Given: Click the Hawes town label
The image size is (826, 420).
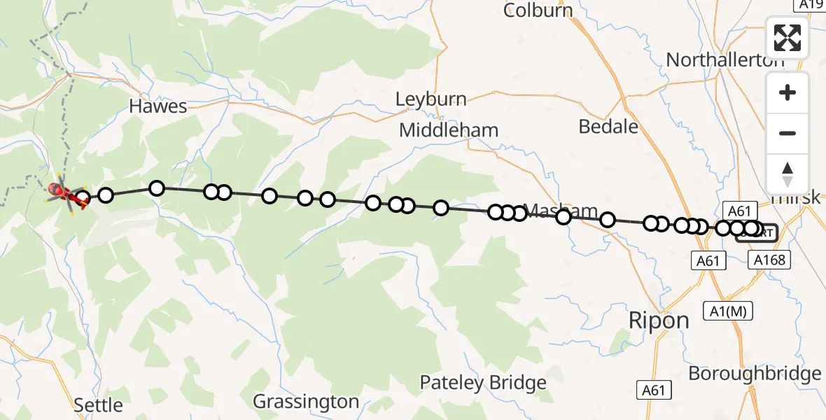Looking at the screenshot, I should [x=158, y=106].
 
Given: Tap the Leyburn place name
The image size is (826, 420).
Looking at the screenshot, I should [x=430, y=99].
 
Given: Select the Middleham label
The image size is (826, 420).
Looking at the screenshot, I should [x=449, y=130].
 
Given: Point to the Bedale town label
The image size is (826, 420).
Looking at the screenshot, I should [x=609, y=126].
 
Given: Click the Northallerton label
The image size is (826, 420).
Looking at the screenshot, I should [x=725, y=60].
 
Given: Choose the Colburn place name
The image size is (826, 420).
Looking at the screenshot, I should [x=538, y=10].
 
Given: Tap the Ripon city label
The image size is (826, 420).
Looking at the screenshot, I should [x=659, y=321].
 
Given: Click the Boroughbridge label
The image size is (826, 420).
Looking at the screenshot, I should [x=755, y=373].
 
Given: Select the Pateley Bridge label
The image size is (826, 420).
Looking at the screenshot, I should [x=483, y=383].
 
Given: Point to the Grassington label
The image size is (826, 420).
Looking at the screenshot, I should [x=306, y=402].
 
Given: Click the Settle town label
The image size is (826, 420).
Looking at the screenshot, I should [x=98, y=405].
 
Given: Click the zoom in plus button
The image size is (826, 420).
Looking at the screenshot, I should [x=787, y=92].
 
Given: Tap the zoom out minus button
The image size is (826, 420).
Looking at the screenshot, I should [x=787, y=133].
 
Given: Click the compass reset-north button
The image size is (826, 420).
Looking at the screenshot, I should [x=787, y=174].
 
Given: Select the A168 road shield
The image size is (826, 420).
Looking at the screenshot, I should [x=770, y=260].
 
